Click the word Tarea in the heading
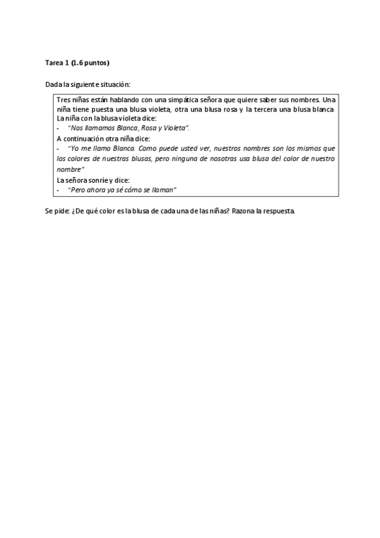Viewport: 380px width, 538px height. tap(54, 63)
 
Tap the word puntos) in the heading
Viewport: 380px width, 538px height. tap(98, 63)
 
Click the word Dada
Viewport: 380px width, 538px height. tap(52, 84)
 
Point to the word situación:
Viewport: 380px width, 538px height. tap(114, 84)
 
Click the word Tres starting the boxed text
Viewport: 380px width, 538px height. tap(63, 100)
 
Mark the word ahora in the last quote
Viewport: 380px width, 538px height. tap(93, 190)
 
